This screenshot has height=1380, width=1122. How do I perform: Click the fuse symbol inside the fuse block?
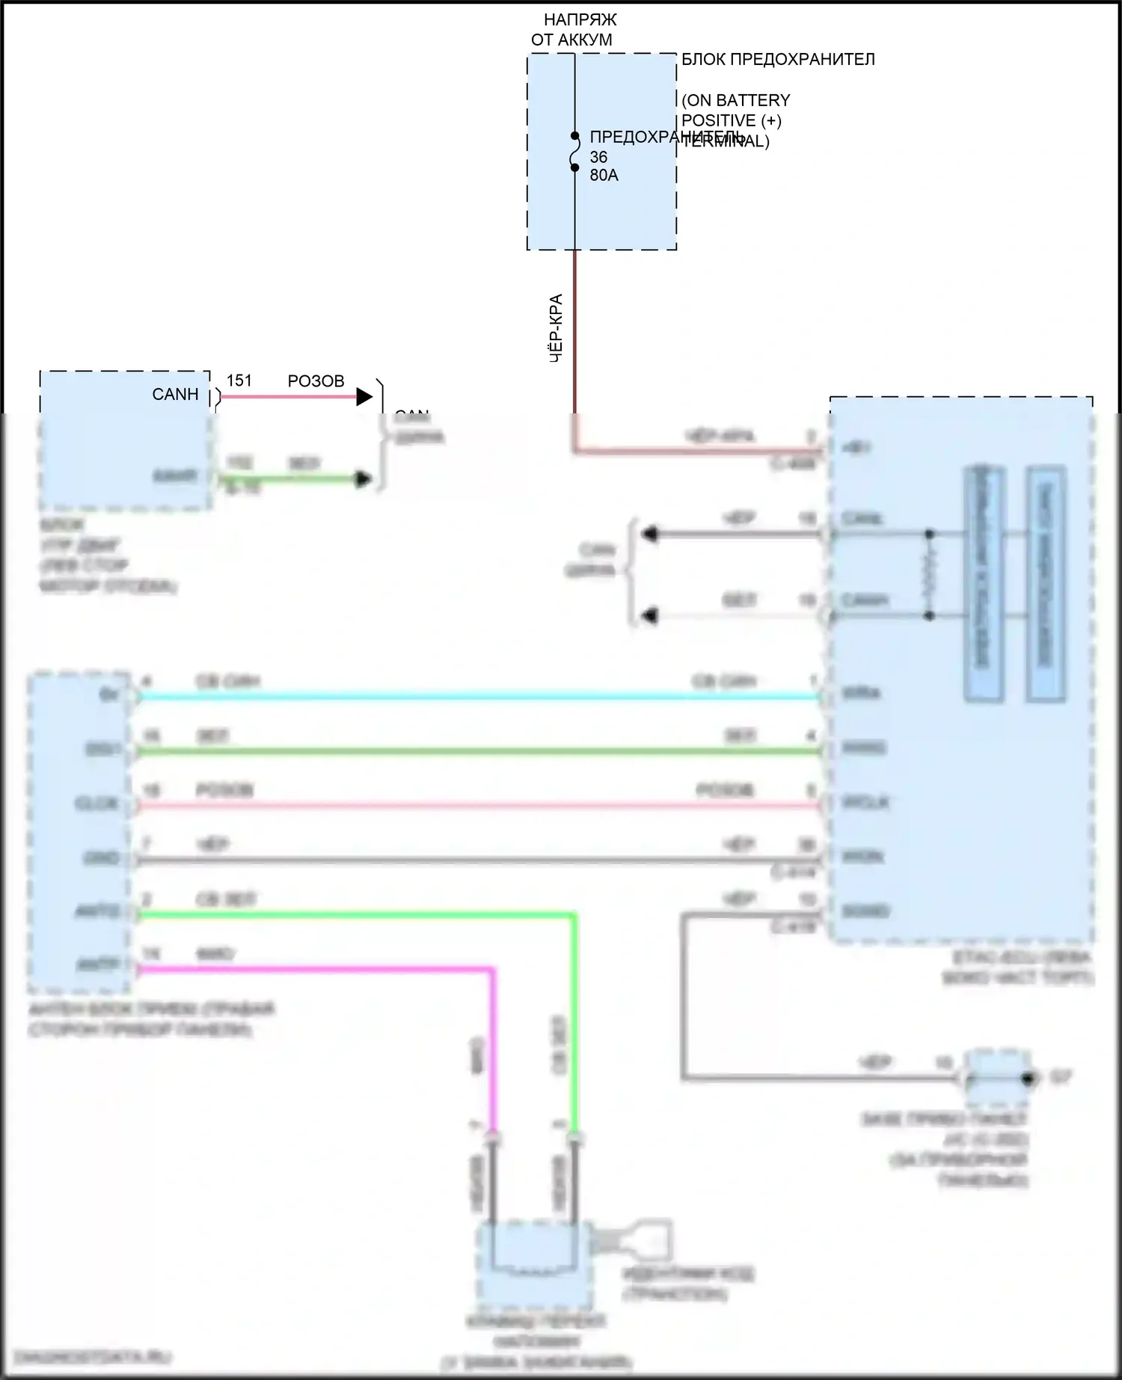574,153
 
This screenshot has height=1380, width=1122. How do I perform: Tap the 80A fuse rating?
604,176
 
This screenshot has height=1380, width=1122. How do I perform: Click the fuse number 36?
598,157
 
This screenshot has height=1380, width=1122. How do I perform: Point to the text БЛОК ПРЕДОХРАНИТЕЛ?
778,60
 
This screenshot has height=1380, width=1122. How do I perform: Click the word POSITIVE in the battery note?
718,120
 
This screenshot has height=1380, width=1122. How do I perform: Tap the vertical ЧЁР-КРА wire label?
556,329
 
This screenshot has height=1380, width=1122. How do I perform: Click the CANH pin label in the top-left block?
175,395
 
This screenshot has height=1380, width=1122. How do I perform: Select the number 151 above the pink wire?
239,381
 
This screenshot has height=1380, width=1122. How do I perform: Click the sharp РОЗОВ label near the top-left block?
316,381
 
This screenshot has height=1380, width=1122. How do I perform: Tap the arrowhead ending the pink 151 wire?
364,397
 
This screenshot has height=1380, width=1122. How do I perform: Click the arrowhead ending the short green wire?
364,479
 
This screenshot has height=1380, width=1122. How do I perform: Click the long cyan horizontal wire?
479,697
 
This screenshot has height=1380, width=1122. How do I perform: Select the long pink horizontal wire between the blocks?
479,806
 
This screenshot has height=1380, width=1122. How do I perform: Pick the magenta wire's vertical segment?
493,1047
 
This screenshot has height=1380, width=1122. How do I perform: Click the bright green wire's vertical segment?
574,1024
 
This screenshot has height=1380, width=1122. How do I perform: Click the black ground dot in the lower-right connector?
1028,1079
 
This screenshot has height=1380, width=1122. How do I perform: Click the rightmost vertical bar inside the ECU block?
1045,583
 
